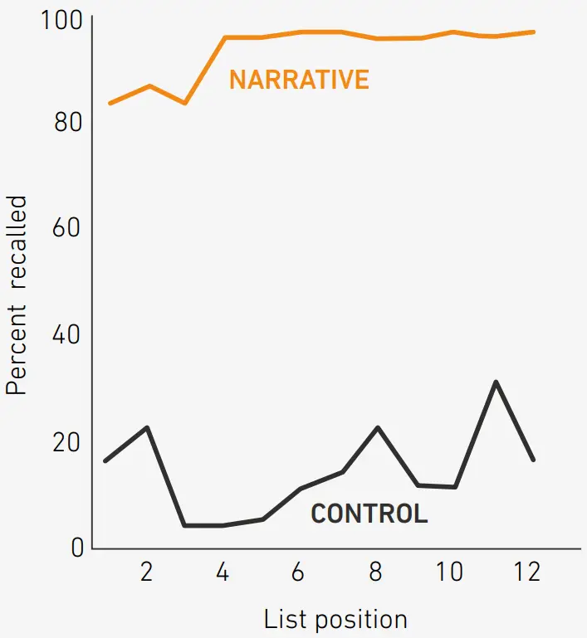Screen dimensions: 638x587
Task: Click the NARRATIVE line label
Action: tap(299, 80)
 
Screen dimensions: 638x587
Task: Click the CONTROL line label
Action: tap(369, 514)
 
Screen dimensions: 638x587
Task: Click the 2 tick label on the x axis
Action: tap(146, 572)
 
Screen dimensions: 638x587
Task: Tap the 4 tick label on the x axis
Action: tap(223, 572)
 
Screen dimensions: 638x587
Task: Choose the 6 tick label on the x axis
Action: tap(299, 572)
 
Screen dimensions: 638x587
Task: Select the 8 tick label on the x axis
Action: tap(375, 572)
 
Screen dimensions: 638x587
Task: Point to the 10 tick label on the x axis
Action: tap(450, 572)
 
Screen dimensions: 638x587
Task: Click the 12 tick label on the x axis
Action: tap(526, 572)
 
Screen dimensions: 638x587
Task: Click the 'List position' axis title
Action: tap(335, 619)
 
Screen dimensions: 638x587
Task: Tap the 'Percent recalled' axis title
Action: tap(17, 295)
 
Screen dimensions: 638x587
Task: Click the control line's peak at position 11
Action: tap(496, 382)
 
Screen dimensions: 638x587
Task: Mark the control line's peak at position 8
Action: tap(378, 427)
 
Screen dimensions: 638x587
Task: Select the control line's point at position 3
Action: tap(184, 525)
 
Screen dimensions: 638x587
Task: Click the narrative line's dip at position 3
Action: tap(184, 103)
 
